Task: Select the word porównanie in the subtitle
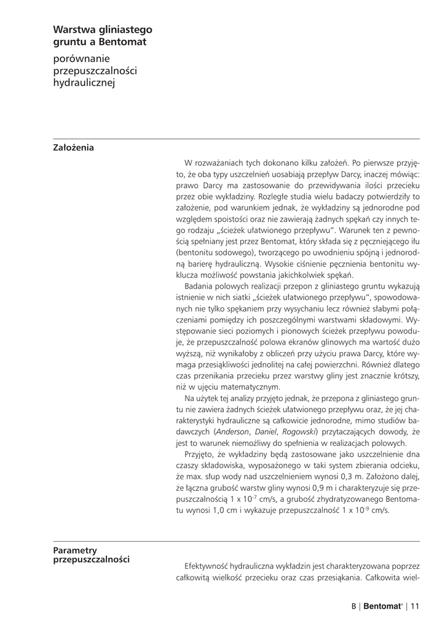pyautogui.click(x=81, y=59)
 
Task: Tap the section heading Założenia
pyautogui.click(x=74, y=147)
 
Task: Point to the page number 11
pyautogui.click(x=415, y=607)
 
